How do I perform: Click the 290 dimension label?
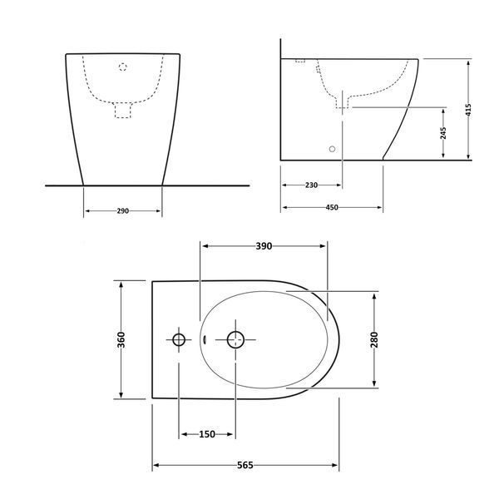click(x=123, y=210)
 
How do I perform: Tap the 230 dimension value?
click(x=311, y=185)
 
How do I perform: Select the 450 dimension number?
click(x=332, y=207)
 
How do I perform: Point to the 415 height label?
click(x=468, y=110)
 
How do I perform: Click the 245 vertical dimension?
click(x=443, y=133)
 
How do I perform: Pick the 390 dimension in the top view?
click(x=264, y=246)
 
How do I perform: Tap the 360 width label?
click(x=121, y=339)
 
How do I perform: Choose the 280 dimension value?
click(x=374, y=339)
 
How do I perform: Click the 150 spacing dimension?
click(x=207, y=434)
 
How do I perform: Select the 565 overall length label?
click(x=245, y=465)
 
